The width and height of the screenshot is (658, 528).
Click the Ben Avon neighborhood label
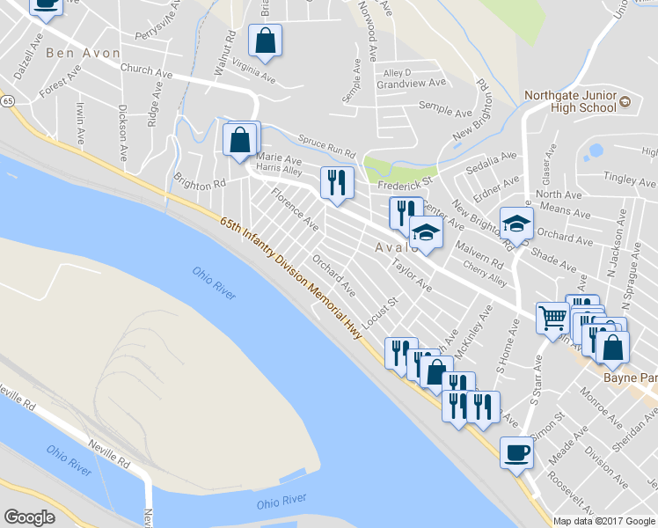pos(84,53)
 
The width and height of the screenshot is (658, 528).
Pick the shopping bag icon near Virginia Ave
pos(265,40)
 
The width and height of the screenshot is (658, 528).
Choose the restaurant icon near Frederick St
pos(336,182)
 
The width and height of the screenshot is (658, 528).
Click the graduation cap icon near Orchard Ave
pos(516,224)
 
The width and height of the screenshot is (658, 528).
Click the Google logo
pos(29,517)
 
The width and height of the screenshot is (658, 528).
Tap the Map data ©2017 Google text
pos(604,521)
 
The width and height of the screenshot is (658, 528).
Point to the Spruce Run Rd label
pos(325,146)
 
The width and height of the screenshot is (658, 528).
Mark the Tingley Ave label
pos(631,180)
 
